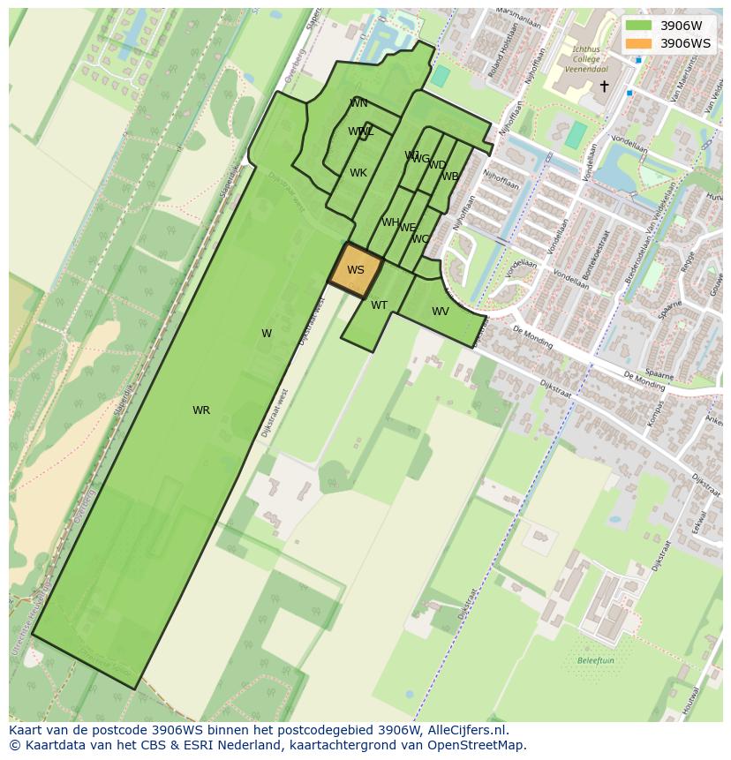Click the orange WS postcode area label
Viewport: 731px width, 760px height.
tap(356, 270)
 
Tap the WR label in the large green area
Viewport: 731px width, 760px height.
tap(201, 410)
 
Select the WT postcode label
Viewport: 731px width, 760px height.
tap(379, 305)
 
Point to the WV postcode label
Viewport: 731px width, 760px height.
tap(441, 312)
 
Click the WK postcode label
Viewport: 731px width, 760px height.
tap(358, 173)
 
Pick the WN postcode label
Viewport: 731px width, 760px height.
tap(358, 103)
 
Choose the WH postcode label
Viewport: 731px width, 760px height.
tap(390, 222)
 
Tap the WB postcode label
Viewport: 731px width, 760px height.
tap(450, 177)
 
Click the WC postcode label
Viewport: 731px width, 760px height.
tap(420, 239)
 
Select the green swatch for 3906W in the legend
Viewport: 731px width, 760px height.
tap(638, 26)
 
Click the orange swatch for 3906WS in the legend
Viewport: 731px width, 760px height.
tap(638, 43)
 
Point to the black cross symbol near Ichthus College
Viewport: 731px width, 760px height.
tap(604, 86)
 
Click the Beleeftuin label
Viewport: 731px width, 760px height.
tap(595, 660)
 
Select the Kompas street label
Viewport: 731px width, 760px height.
tap(656, 414)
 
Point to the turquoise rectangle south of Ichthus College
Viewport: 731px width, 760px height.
tap(575, 135)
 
